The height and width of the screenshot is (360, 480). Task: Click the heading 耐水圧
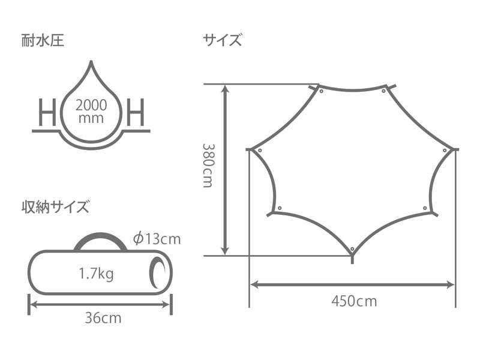click(x=43, y=41)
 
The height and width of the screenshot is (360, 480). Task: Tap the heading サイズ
click(x=222, y=40)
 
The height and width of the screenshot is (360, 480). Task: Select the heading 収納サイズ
click(x=55, y=206)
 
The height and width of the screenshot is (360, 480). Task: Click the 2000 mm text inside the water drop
click(x=91, y=112)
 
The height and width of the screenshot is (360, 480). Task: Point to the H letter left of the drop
click(x=47, y=112)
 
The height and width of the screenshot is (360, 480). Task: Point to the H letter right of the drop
click(x=136, y=112)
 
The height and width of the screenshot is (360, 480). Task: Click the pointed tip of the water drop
click(x=91, y=61)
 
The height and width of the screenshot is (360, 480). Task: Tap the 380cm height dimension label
click(x=208, y=166)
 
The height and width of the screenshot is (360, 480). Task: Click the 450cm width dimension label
click(x=354, y=301)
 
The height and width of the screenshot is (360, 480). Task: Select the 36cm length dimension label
click(x=103, y=318)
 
